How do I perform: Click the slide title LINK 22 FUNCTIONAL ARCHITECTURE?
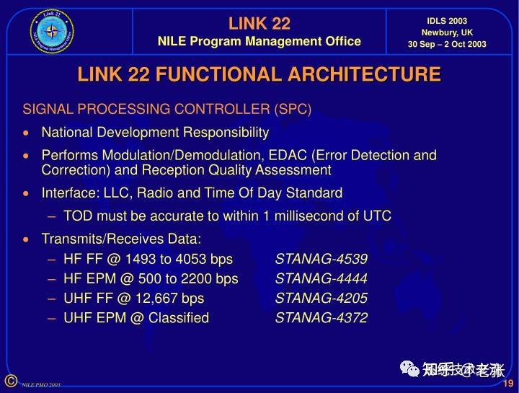coord(259,74)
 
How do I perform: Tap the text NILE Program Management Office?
coord(259,41)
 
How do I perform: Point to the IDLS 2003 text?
coord(447,21)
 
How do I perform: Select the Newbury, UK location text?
coord(447,32)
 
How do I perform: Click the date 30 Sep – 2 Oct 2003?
coord(447,44)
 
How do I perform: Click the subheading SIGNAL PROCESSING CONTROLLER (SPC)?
coord(167,110)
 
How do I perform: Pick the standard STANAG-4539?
coord(321,260)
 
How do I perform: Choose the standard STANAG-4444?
coord(321,279)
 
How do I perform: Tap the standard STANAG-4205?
coord(321,299)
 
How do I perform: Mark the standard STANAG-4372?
coord(321,318)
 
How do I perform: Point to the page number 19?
coord(507,383)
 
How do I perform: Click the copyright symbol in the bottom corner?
coord(10,381)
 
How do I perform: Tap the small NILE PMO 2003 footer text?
coord(40,385)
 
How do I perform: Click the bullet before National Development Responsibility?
coord(27,133)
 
